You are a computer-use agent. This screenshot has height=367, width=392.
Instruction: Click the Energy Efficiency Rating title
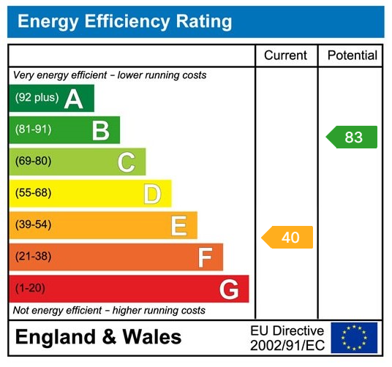pyautogui.click(x=124, y=21)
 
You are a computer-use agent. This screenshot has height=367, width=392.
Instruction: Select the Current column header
pyautogui.click(x=286, y=56)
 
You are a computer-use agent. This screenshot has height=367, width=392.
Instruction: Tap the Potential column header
pyautogui.click(x=352, y=56)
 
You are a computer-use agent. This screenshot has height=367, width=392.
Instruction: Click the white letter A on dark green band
pyautogui.click(x=73, y=99)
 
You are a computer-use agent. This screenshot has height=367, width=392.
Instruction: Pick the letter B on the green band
pyautogui.click(x=100, y=130)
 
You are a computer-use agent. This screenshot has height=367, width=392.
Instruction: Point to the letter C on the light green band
pyautogui.click(x=126, y=162)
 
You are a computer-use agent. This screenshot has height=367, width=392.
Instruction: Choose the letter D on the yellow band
pyautogui.click(x=152, y=194)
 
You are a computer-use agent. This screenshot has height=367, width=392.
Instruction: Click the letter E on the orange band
pyautogui.click(x=178, y=225)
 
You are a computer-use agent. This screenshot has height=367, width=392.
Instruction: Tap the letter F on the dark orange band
pyautogui.click(x=205, y=257)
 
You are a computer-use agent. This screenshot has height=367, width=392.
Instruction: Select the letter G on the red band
pyautogui.click(x=229, y=290)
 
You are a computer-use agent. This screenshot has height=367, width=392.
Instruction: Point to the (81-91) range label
pyautogui.click(x=33, y=130)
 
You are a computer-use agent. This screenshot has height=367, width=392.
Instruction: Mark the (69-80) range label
pyautogui.click(x=33, y=162)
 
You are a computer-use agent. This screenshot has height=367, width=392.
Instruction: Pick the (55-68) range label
pyautogui.click(x=33, y=194)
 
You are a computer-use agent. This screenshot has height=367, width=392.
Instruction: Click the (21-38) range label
pyautogui.click(x=33, y=257)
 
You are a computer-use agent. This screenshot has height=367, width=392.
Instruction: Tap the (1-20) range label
pyautogui.click(x=30, y=289)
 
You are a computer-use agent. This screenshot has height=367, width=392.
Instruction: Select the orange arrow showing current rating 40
pyautogui.click(x=288, y=238)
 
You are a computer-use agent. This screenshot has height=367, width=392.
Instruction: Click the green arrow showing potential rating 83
pyautogui.click(x=352, y=137)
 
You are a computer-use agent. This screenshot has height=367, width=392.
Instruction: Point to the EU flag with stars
pyautogui.click(x=354, y=338)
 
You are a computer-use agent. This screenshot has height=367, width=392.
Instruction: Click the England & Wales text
pyautogui.click(x=98, y=337)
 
